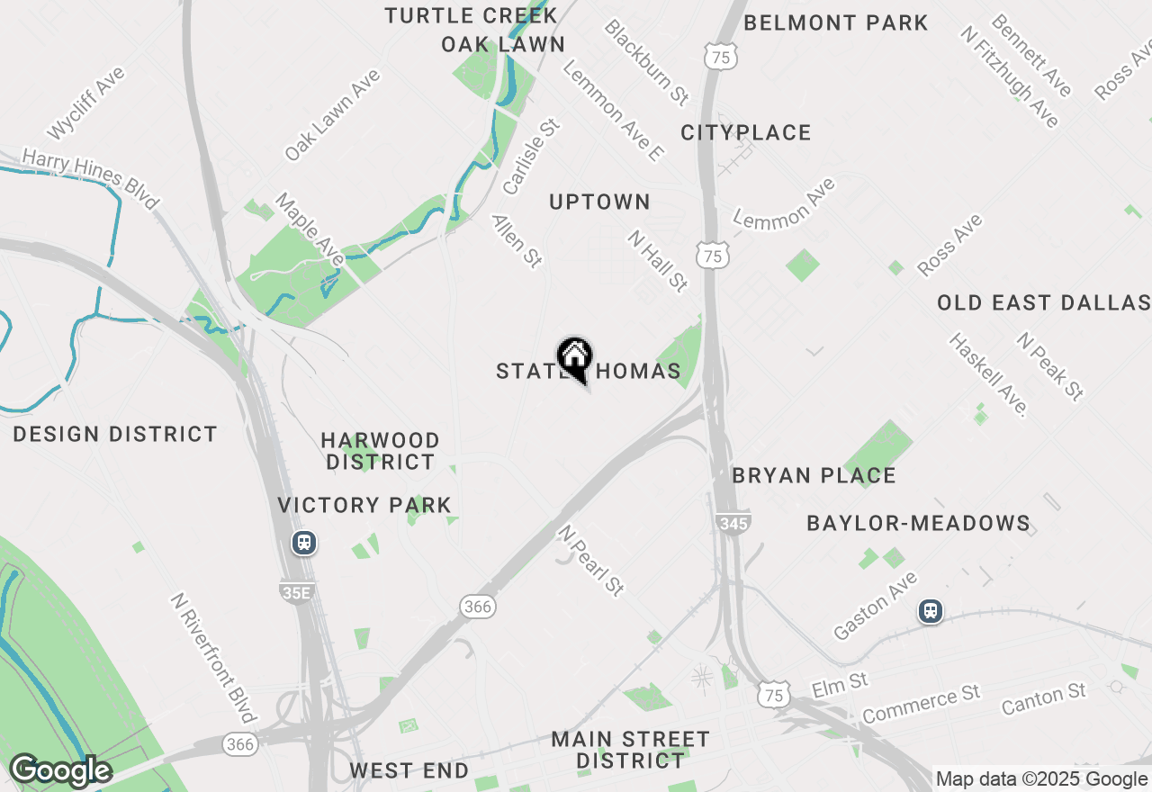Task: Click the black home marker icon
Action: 574,358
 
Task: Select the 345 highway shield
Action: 734,522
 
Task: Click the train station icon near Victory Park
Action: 304,543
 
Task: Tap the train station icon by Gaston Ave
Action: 931,611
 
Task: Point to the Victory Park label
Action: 364,505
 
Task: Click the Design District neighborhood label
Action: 115,434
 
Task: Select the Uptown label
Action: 599,202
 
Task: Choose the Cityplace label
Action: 745,133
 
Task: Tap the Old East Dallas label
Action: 1043,302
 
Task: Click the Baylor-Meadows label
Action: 918,523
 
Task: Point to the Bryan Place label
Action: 814,475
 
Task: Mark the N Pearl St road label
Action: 590,560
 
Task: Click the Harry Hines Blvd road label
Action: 90,178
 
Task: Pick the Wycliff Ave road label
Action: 85,103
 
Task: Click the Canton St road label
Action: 1044,698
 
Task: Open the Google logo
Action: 60,771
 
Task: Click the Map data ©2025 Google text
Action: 1041,779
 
